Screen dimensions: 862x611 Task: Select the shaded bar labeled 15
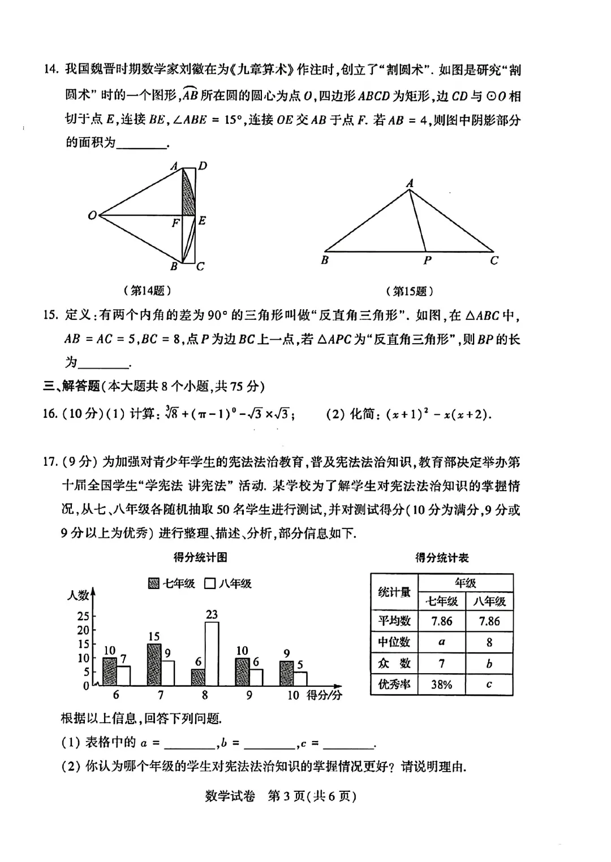154,665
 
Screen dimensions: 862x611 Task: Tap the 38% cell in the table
441,685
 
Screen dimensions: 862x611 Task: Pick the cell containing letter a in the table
441,642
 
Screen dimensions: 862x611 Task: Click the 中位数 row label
394,642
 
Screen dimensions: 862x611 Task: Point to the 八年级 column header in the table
489,601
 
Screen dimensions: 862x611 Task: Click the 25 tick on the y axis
83,616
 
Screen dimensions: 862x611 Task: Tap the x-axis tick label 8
205,695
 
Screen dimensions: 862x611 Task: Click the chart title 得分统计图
200,557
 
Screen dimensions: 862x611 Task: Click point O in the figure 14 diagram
92,215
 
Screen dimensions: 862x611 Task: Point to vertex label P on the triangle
428,261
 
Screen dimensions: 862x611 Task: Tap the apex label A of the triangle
410,183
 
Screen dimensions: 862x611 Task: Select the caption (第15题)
410,291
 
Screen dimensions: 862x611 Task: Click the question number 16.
50,414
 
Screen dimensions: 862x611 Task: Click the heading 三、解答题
72,386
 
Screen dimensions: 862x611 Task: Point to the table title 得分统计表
442,557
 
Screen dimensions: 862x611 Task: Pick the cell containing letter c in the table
489,685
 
